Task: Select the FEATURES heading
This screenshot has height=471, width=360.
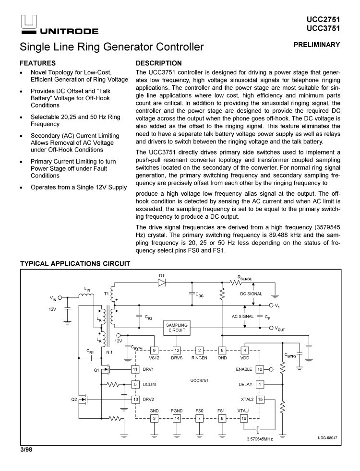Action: (x=38, y=63)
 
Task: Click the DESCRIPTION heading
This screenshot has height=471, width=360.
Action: (x=159, y=63)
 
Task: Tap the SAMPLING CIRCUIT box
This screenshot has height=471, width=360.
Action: (x=177, y=328)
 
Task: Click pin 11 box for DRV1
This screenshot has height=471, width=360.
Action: (x=135, y=369)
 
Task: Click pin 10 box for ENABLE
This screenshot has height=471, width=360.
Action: (x=260, y=369)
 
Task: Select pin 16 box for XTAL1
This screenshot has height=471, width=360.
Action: (x=244, y=418)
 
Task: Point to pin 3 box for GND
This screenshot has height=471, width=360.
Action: (x=154, y=418)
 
